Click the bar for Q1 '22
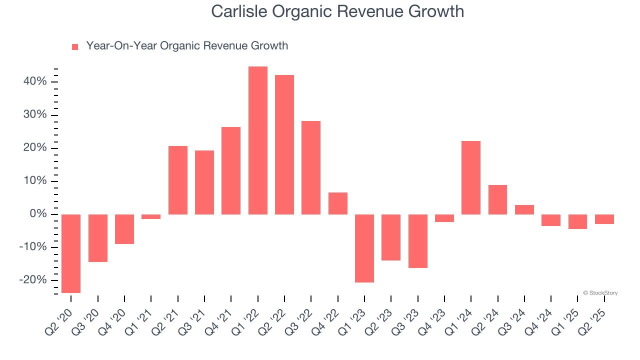click(257, 140)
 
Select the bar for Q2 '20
click(71, 253)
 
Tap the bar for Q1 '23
click(364, 248)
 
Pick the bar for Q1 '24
click(471, 177)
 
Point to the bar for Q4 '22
click(338, 203)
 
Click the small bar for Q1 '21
click(151, 217)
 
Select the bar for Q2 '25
click(604, 219)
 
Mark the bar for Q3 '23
click(418, 241)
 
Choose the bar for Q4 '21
click(231, 170)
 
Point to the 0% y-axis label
click(38, 214)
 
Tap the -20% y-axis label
click(33, 280)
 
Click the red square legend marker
click(75, 46)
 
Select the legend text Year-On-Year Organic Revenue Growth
click(187, 46)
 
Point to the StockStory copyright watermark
click(600, 293)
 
